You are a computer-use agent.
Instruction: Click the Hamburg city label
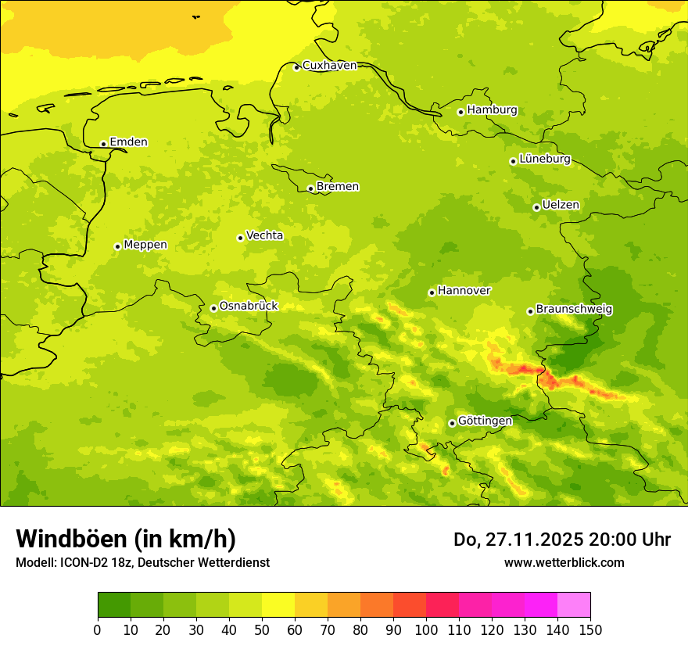(492, 110)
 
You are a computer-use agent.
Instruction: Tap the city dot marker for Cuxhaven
(296, 67)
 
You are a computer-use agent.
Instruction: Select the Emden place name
(128, 142)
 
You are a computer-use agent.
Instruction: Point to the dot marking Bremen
(310, 188)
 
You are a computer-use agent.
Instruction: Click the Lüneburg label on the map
(545, 159)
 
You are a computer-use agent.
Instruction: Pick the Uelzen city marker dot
(536, 207)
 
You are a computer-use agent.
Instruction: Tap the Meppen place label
(145, 245)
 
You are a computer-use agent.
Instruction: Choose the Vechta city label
(264, 235)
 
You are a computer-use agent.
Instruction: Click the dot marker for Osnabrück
(213, 308)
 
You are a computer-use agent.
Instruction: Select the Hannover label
(464, 291)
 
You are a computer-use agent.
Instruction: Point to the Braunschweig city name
(574, 310)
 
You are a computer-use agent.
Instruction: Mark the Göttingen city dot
(452, 423)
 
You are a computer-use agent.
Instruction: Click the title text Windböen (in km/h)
(126, 539)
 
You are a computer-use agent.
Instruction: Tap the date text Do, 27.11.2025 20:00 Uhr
(561, 540)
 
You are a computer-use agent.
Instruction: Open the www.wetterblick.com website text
(564, 562)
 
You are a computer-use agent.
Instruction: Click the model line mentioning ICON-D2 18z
(142, 562)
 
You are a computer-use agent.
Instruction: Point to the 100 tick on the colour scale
(426, 629)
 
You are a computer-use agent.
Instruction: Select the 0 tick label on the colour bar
(98, 629)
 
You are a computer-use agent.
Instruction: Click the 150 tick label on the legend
(590, 629)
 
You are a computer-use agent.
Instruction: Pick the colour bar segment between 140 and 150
(574, 605)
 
